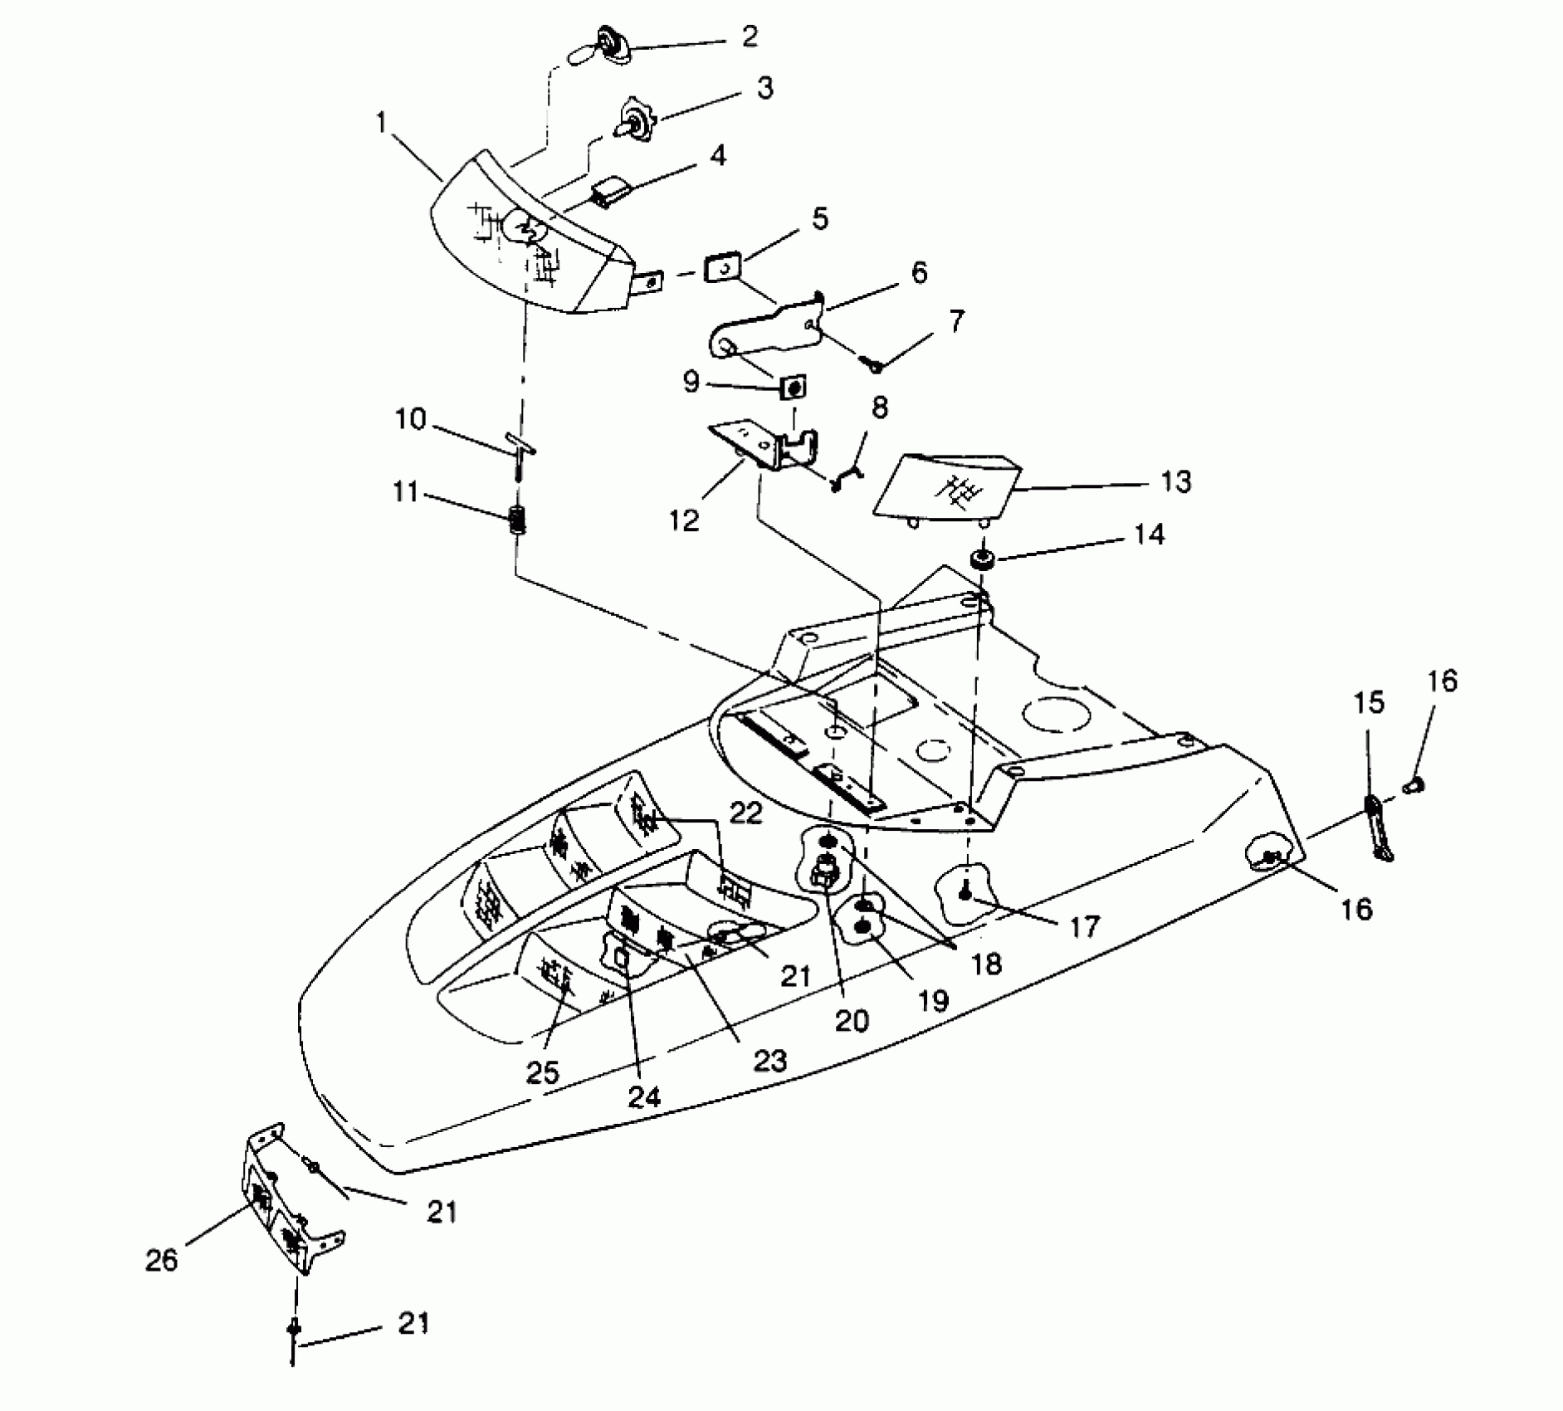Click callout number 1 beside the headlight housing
click(x=381, y=124)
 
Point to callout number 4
click(x=717, y=155)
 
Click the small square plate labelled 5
click(x=722, y=269)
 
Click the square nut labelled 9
click(x=794, y=388)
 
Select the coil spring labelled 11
click(x=517, y=524)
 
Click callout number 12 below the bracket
click(x=685, y=521)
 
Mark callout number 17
click(x=1084, y=926)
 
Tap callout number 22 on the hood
click(x=745, y=813)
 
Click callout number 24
click(x=644, y=1097)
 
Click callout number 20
click(x=851, y=1020)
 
